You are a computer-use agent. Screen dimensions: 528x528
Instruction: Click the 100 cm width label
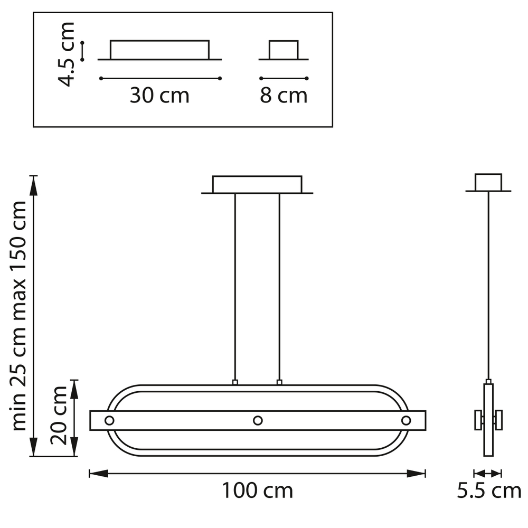[258, 491]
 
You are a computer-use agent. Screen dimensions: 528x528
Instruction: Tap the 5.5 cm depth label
[489, 491]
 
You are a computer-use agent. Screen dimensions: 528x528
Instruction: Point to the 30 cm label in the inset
[159, 95]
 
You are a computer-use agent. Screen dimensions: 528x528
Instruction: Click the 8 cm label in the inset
[284, 95]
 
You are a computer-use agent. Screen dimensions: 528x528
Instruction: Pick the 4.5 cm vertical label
[66, 54]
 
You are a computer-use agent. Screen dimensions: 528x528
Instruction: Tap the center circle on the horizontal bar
[258, 421]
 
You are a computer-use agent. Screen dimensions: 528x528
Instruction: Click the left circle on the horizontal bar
[109, 421]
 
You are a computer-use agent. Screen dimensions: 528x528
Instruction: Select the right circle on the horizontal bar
[406, 421]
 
